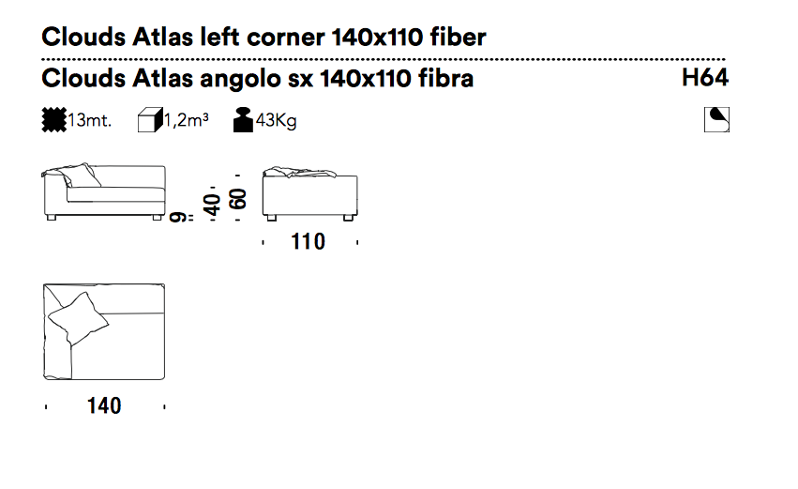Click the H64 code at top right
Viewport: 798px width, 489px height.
[705, 78]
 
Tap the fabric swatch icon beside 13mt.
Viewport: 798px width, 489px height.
[54, 120]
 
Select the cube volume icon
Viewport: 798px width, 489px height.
[150, 120]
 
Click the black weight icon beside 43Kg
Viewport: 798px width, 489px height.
[243, 120]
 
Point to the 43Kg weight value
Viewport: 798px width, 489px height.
[276, 121]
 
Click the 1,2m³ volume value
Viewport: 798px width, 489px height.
[187, 120]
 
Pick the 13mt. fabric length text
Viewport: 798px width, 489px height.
[90, 121]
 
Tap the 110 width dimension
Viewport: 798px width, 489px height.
[308, 241]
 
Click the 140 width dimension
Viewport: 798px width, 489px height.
[104, 406]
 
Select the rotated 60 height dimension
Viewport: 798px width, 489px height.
[238, 199]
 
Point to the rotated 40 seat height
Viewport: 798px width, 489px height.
[212, 205]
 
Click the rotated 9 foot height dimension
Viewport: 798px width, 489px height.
[177, 218]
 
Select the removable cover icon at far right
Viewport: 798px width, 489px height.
[716, 120]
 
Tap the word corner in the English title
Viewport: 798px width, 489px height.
[285, 38]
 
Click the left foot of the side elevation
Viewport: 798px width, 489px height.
[271, 218]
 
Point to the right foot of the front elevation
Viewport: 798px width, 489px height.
[158, 218]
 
